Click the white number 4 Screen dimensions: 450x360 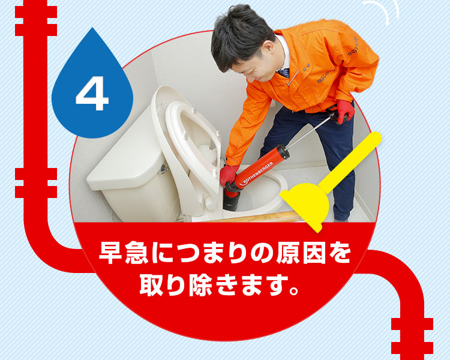(92, 94)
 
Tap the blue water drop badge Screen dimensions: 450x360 (92, 86)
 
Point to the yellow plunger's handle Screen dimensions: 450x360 (350, 161)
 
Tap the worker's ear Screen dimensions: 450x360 (268, 48)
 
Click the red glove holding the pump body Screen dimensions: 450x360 (229, 174)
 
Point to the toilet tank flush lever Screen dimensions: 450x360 (163, 169)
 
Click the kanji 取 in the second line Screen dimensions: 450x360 (152, 285)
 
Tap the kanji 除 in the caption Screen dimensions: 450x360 (202, 285)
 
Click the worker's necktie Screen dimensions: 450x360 (284, 73)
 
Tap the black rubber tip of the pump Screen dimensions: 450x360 (232, 200)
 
